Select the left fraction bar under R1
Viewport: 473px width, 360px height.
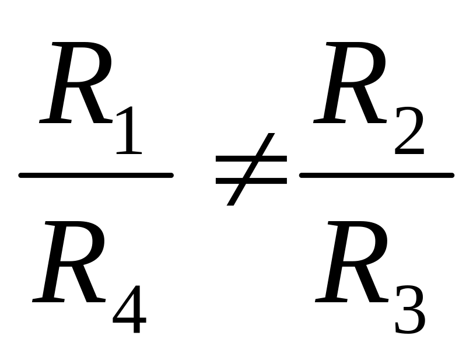[96, 174]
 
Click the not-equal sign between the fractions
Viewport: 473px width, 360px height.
[251, 169]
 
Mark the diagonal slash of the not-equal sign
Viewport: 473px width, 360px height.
[251, 169]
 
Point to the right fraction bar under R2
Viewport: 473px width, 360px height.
[376, 174]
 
